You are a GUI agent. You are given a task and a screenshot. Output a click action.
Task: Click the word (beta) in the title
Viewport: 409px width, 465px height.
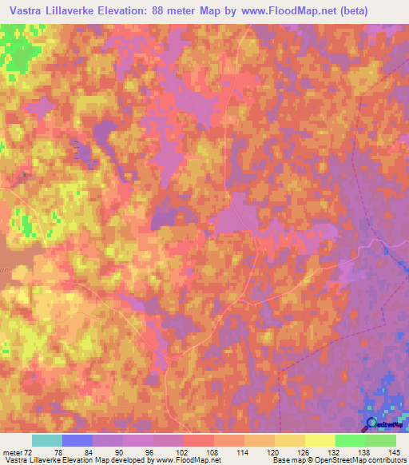[383, 12]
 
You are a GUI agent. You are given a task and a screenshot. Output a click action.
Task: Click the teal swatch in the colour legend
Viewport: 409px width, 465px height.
[46, 441]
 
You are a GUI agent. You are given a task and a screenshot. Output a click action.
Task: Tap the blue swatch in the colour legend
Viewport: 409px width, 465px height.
[77, 441]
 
